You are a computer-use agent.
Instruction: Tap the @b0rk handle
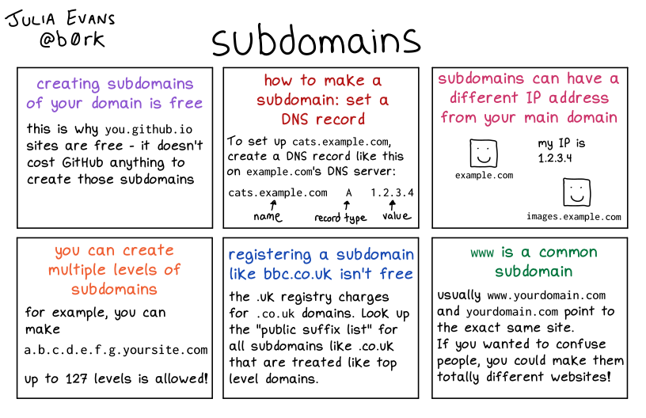pos(72,39)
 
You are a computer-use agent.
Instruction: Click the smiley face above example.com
pos(484,154)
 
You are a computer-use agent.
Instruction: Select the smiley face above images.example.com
pos(577,192)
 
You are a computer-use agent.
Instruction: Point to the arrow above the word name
pos(273,205)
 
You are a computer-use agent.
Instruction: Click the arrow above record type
pos(347,206)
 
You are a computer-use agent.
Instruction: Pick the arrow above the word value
pos(392,205)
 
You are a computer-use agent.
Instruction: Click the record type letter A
pos(349,192)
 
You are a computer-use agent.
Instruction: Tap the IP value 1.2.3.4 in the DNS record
pos(392,192)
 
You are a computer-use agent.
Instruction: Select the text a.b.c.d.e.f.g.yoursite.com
pos(116,350)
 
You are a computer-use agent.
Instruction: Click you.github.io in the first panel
pos(148,130)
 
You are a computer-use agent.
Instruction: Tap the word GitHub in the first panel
pos(82,162)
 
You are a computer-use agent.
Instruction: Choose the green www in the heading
pos(482,253)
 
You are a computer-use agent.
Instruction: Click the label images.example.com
pos(574,217)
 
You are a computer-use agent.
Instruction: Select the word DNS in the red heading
pos(294,120)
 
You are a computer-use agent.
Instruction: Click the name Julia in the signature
pos(31,18)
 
